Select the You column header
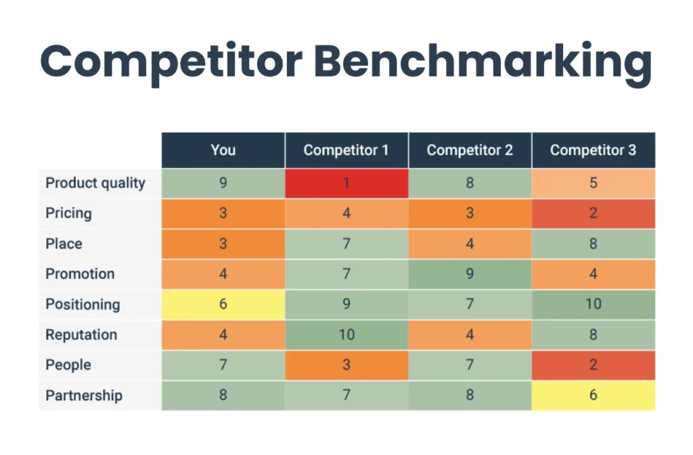click(x=223, y=150)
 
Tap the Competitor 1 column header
click(x=346, y=150)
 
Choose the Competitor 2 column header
click(x=470, y=150)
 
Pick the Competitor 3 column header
click(x=593, y=150)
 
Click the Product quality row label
click(x=95, y=183)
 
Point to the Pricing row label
click(x=68, y=214)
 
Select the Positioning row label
click(x=83, y=305)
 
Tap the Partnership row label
click(x=84, y=395)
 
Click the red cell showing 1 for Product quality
click(x=346, y=183)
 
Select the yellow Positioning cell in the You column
click(x=223, y=305)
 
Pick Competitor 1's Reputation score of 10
click(x=346, y=335)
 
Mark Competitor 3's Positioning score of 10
click(x=593, y=305)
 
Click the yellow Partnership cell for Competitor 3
click(x=593, y=395)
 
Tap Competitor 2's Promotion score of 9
click(x=470, y=274)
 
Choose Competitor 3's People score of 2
click(x=593, y=366)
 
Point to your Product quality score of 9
click(x=223, y=183)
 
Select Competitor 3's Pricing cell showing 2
click(x=593, y=214)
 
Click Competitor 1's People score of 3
click(x=346, y=366)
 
